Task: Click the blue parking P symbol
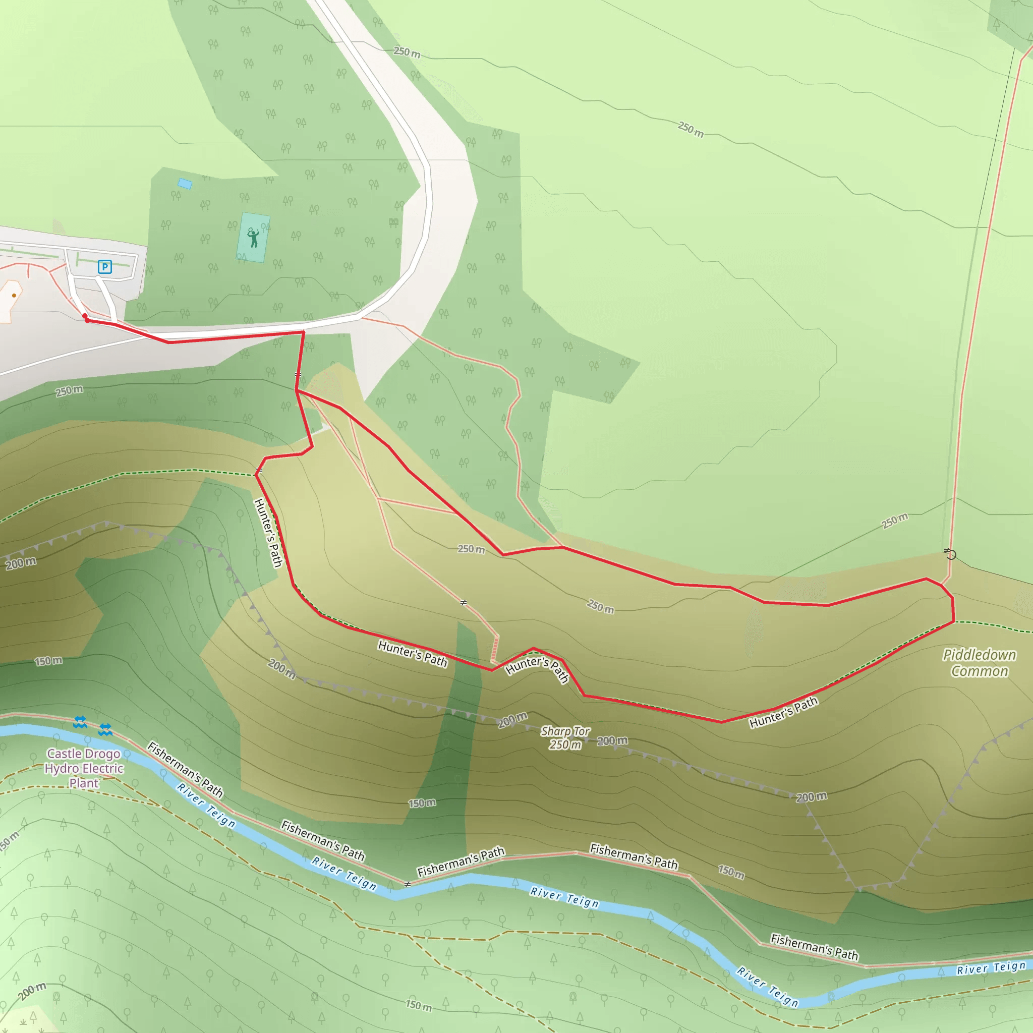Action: click(105, 267)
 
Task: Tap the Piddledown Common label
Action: click(979, 663)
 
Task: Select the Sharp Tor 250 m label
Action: click(565, 738)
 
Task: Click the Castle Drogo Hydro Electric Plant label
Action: click(84, 768)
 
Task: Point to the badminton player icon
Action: click(253, 237)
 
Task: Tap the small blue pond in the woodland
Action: click(185, 184)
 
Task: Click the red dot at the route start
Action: click(86, 317)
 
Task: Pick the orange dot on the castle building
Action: click(14, 295)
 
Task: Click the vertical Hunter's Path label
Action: click(268, 532)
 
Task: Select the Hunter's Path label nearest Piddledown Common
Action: click(783, 712)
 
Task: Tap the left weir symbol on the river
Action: click(80, 722)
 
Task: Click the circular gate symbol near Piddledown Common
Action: click(951, 554)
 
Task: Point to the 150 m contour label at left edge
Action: click(48, 661)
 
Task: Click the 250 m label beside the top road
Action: click(407, 52)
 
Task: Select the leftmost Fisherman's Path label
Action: click(185, 769)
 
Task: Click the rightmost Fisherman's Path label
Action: click(814, 947)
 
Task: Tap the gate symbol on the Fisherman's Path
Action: click(408, 884)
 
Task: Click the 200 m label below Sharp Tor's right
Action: click(612, 740)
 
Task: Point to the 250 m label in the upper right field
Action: click(691, 130)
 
